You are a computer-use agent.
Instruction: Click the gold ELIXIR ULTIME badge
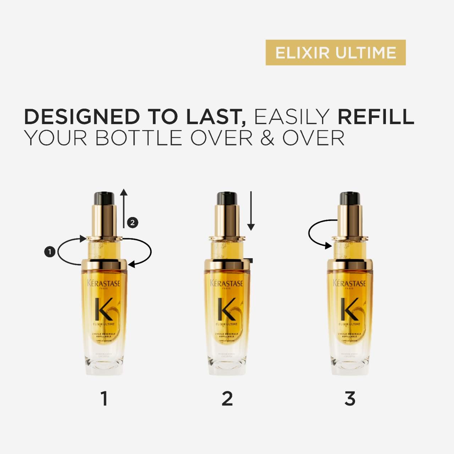(335, 52)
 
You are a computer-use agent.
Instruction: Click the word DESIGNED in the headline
(82, 117)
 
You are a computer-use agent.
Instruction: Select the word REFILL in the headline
(376, 117)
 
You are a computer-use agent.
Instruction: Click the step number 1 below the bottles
(104, 399)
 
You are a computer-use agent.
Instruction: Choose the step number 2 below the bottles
(227, 399)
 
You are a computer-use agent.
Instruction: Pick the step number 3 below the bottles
(350, 399)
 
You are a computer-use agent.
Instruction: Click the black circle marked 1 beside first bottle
(50, 252)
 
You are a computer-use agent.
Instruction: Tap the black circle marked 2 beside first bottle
(132, 223)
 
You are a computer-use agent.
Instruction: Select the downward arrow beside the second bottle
(251, 211)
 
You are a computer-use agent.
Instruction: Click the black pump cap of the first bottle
(104, 198)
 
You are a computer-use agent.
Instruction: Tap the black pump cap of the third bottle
(350, 198)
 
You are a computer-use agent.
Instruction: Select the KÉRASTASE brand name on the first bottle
(104, 283)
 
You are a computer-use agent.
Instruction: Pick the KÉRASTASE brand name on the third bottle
(349, 283)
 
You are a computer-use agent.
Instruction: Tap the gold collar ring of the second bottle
(227, 265)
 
